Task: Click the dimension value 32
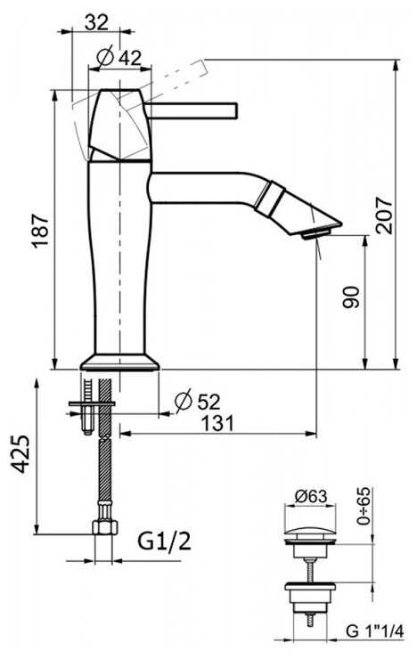(x=96, y=22)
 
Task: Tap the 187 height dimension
(x=42, y=231)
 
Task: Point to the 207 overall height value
(x=383, y=215)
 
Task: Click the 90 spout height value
(x=350, y=297)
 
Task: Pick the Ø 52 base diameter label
(x=198, y=401)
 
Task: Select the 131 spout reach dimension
(x=217, y=423)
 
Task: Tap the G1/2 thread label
(x=164, y=541)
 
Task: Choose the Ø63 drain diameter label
(x=310, y=496)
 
